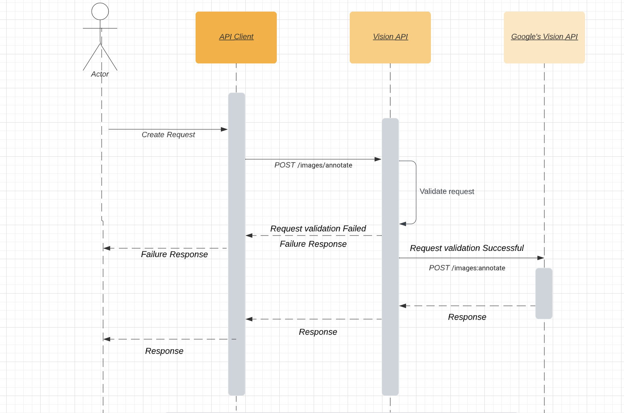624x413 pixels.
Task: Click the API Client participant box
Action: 236,37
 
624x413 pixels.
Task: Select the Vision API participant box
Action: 390,37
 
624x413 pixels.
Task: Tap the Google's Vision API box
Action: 544,37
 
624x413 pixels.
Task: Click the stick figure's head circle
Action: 100,12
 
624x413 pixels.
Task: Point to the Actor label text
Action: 100,74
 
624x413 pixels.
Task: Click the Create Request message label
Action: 168,135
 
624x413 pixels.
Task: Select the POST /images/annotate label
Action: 313,165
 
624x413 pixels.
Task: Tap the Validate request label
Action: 447,192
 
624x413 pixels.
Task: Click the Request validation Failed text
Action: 318,228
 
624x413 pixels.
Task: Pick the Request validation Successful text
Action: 467,248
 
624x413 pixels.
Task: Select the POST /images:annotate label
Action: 467,268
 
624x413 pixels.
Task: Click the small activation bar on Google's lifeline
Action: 544,293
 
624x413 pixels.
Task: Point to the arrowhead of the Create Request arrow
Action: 224,129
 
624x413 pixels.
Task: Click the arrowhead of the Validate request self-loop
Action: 403,224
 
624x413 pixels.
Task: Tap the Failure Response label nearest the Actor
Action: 174,254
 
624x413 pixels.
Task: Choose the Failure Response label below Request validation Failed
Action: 313,244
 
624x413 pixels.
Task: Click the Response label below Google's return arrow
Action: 467,317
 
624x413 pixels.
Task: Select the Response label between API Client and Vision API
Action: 318,332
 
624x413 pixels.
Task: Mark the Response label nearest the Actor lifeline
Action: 164,351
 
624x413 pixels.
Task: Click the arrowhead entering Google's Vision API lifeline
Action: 540,258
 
